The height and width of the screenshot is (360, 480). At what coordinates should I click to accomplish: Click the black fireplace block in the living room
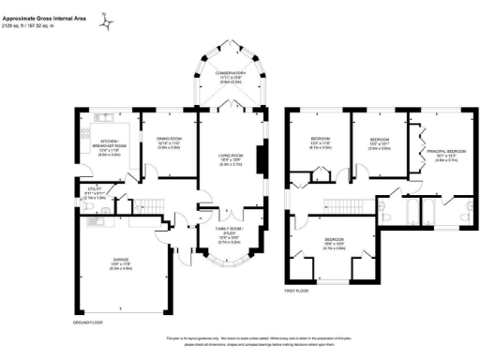[x=261, y=153]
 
